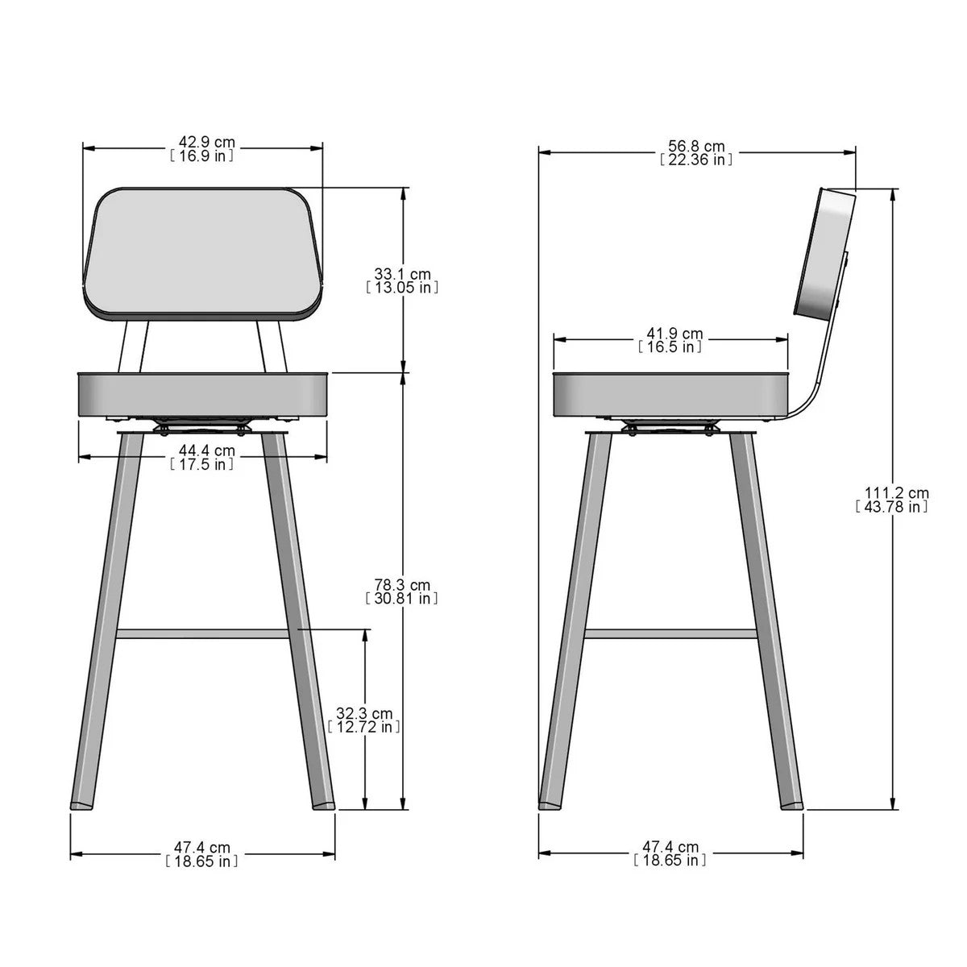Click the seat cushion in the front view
click(x=203, y=394)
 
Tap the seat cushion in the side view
click(x=669, y=394)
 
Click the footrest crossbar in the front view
click(x=203, y=634)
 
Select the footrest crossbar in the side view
click(x=670, y=634)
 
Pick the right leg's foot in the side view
click(x=793, y=803)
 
